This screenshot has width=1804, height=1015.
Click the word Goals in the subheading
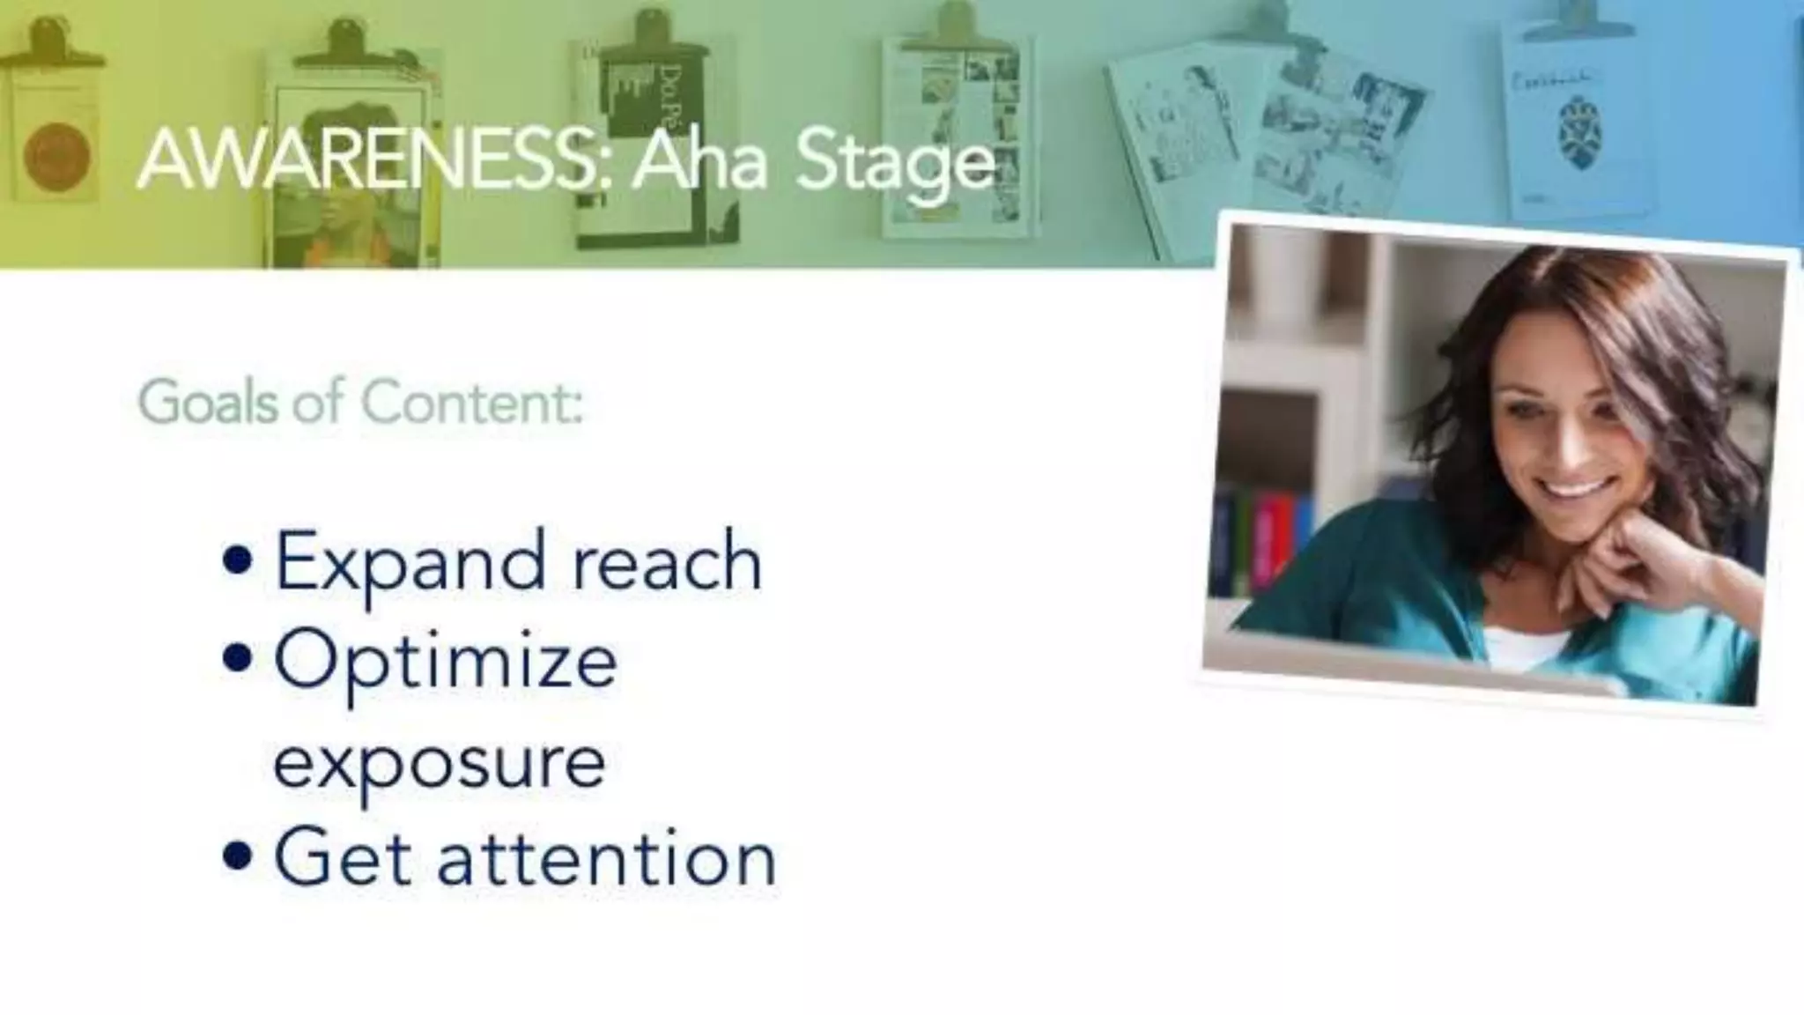208,403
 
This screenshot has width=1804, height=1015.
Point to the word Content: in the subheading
472,403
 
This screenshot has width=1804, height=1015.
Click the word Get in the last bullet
342,856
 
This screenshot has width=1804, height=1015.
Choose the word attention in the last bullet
607,858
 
